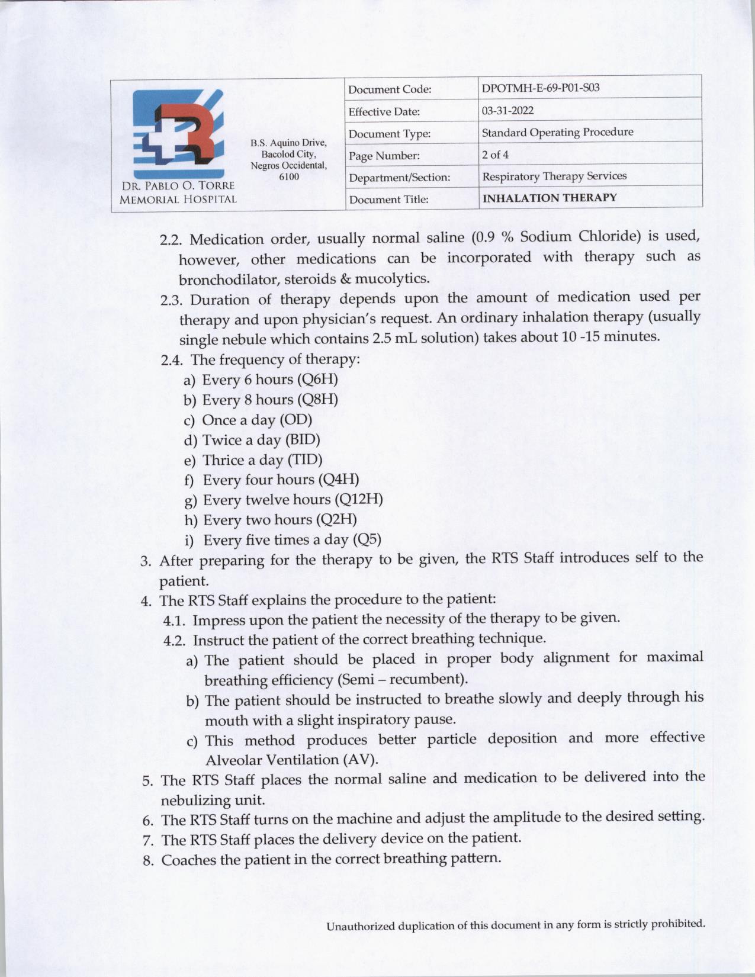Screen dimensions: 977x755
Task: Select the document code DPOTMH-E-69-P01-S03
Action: click(540, 88)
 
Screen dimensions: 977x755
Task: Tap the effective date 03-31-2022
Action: click(507, 111)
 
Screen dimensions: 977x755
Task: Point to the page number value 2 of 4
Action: click(495, 155)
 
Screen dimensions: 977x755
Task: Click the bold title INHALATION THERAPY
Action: click(550, 198)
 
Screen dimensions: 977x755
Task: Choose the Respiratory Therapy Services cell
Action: click(554, 176)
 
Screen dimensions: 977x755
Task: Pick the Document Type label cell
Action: click(389, 134)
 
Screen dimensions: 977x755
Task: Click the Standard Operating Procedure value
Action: click(557, 132)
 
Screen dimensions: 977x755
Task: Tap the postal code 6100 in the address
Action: click(288, 176)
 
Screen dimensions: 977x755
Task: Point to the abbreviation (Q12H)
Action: click(359, 500)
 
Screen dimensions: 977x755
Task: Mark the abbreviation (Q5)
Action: click(367, 539)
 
